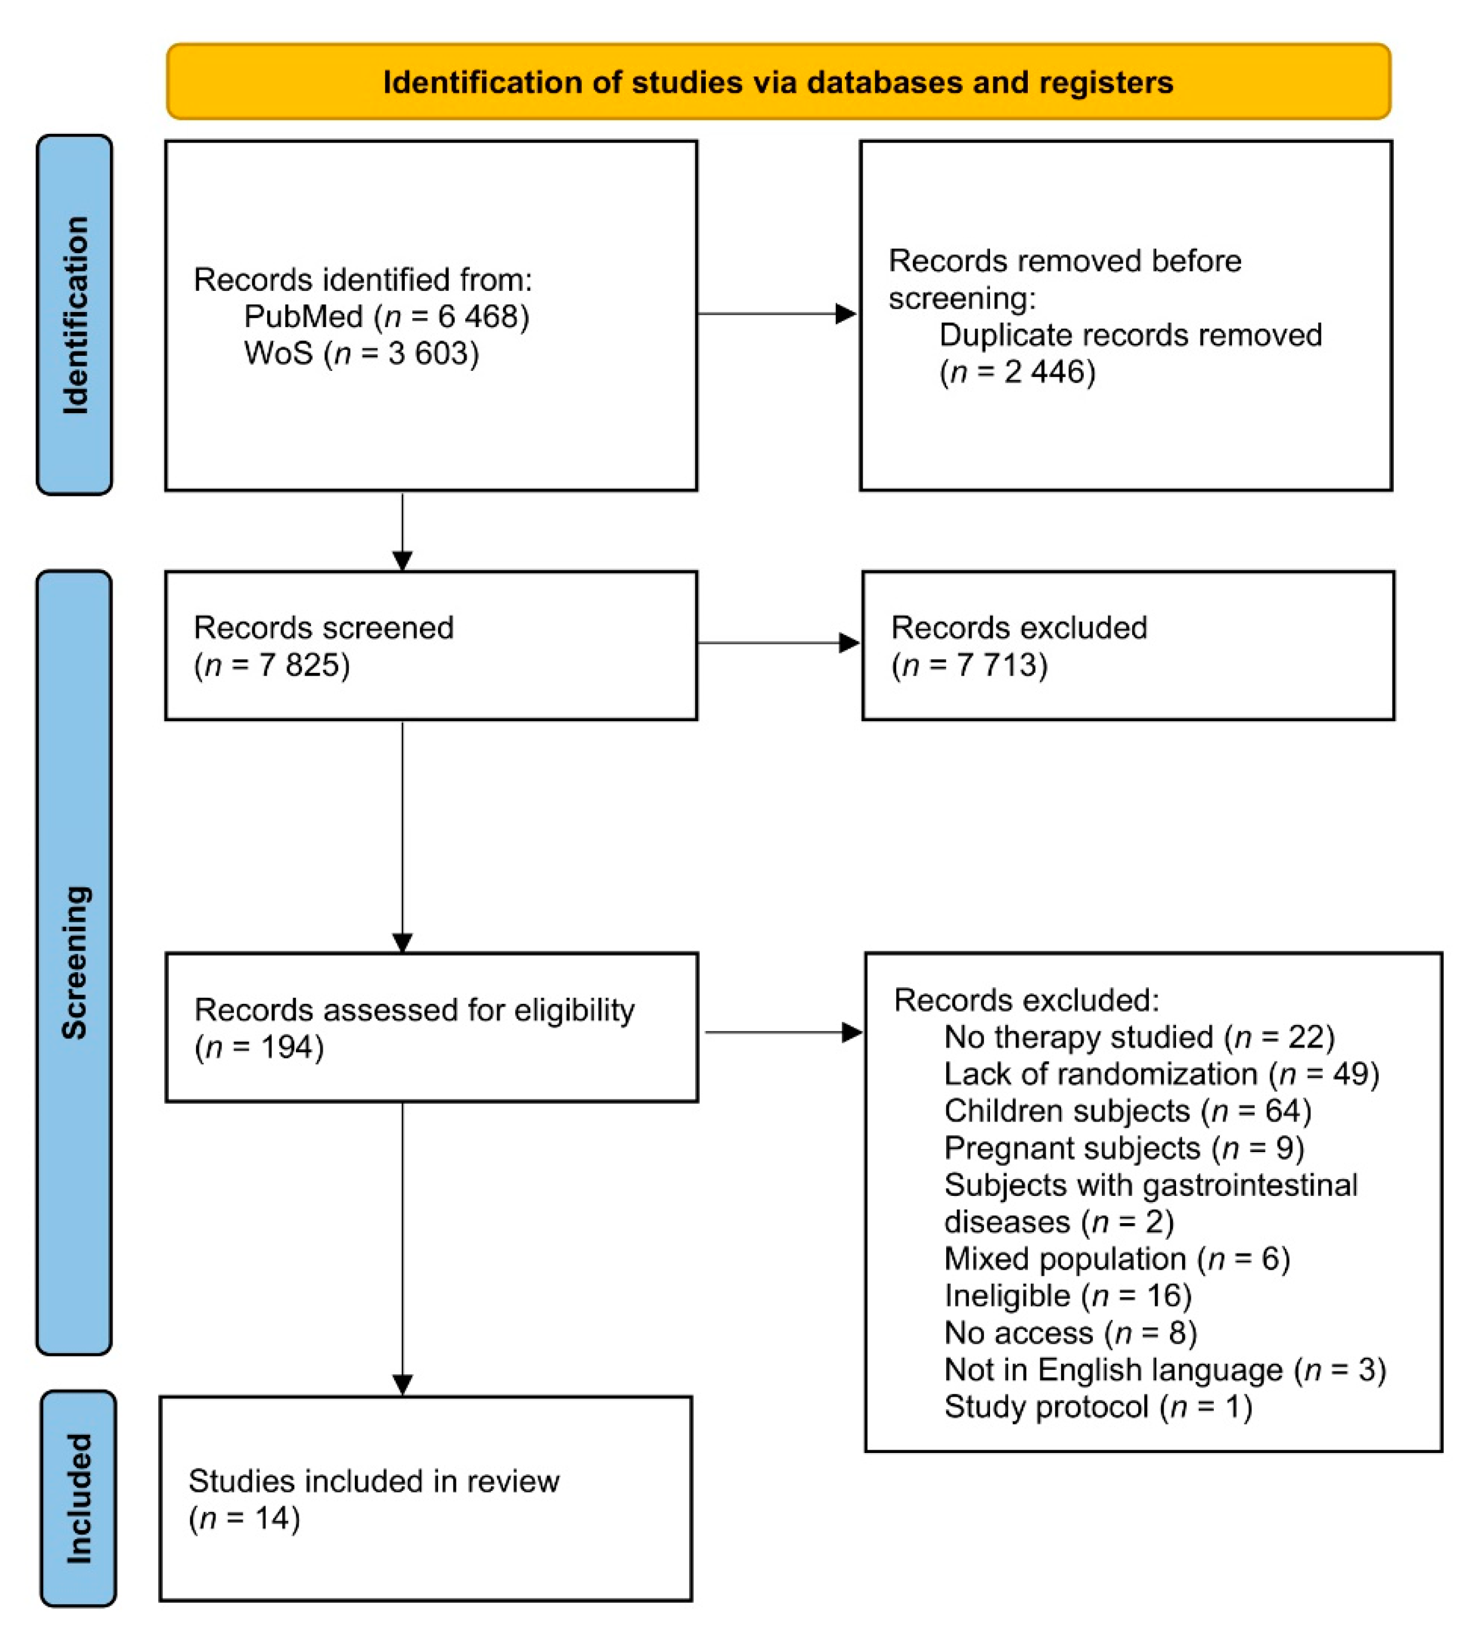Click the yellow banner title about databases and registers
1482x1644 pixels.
pyautogui.click(x=777, y=82)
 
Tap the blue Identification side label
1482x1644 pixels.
pyautogui.click(x=75, y=315)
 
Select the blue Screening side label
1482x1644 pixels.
pyautogui.click(x=75, y=962)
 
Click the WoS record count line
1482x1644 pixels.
pyautogui.click(x=361, y=353)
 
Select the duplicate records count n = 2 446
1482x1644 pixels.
pyautogui.click(x=1017, y=372)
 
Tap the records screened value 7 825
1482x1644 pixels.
pyautogui.click(x=272, y=665)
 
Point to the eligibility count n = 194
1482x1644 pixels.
pyautogui.click(x=259, y=1047)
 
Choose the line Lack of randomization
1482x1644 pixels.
pyautogui.click(x=1161, y=1074)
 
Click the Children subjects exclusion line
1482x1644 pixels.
pyautogui.click(x=1128, y=1110)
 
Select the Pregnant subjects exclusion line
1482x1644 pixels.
pyautogui.click(x=1124, y=1148)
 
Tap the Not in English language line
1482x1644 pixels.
pyautogui.click(x=1164, y=1370)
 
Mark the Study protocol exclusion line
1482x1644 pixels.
pyautogui.click(x=1098, y=1407)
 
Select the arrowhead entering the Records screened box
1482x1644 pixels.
pyautogui.click(x=402, y=560)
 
